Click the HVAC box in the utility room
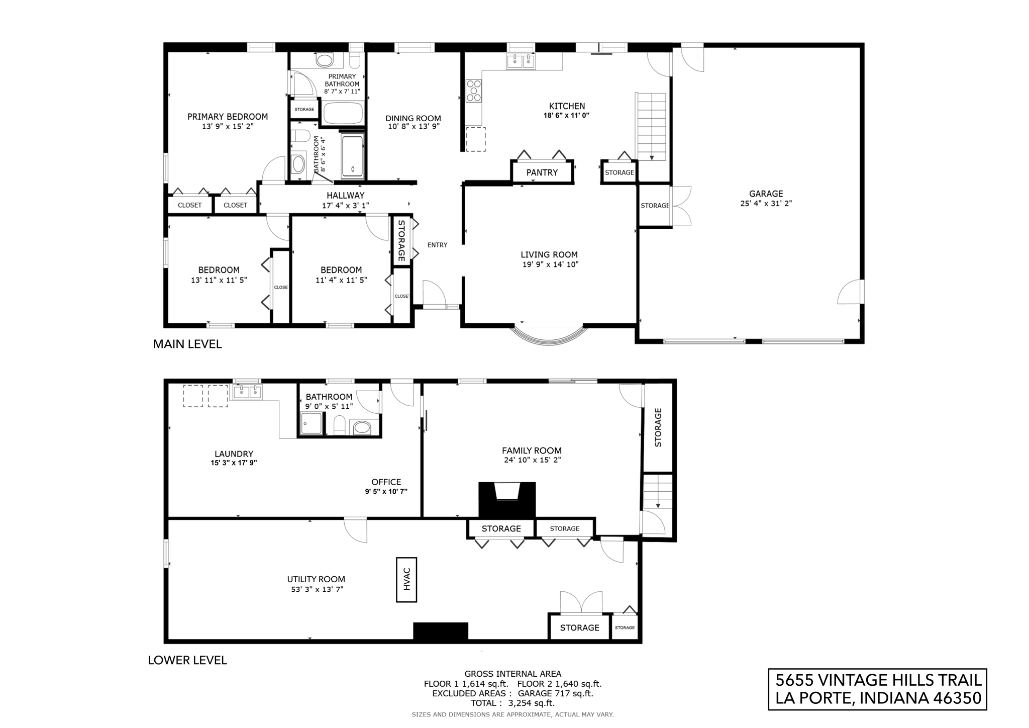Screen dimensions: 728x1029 point(406,580)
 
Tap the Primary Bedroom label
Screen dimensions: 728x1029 point(228,117)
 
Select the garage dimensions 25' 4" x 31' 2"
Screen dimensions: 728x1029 point(766,204)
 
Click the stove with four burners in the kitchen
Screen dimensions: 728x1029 point(474,90)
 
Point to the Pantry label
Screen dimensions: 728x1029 point(542,172)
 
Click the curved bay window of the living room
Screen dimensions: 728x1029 point(549,338)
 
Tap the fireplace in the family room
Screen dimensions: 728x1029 point(507,499)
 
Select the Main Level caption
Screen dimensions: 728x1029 point(187,344)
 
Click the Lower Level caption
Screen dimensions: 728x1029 point(187,660)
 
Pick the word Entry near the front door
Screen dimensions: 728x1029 point(437,245)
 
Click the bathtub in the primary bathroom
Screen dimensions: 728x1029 point(343,113)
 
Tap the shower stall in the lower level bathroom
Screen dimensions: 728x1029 point(312,423)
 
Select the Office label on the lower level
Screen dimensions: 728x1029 point(386,482)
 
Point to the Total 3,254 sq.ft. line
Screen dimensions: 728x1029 point(512,703)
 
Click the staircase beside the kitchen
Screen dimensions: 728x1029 point(651,126)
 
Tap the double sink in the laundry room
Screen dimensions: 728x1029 point(247,391)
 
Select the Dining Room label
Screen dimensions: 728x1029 point(413,118)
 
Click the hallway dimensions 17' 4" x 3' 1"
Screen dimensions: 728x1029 point(345,205)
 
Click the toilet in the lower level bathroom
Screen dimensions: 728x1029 point(340,425)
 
